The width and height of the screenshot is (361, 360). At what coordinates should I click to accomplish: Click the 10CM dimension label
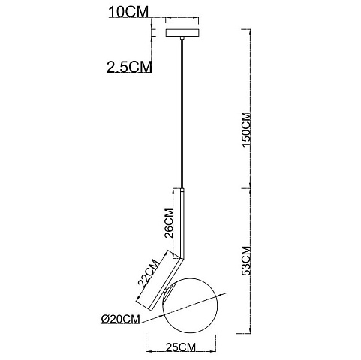pos(128,12)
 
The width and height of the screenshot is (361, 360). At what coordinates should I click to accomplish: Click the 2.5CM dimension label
pos(129,67)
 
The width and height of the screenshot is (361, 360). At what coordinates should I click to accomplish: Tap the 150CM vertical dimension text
pos(246,130)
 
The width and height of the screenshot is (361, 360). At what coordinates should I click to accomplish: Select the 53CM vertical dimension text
pos(246,261)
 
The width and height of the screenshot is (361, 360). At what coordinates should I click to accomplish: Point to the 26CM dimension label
pos(168,223)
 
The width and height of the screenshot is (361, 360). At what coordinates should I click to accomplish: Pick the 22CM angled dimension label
pos(149,273)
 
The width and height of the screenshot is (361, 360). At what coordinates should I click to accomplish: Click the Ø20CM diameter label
pos(120,319)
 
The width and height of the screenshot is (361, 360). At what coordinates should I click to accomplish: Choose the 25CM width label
pos(180,347)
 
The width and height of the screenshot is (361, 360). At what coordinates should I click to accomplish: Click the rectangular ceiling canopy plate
pos(182,33)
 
